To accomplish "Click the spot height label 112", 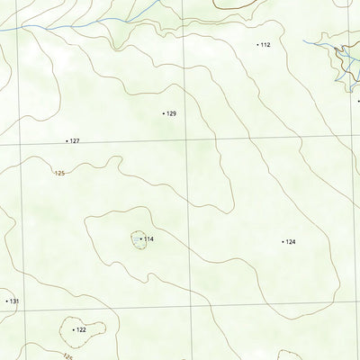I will [x=265, y=44].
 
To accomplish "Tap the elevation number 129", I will [x=171, y=114].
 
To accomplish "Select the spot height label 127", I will [x=75, y=141].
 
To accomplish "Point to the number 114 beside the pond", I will [x=149, y=238].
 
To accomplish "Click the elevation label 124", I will [x=291, y=241].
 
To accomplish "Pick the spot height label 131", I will [x=14, y=301].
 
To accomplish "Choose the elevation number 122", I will [x=81, y=330].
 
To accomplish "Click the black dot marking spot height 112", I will [x=257, y=44].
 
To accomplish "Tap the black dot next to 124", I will [x=283, y=241].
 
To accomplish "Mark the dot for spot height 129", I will [x=163, y=114].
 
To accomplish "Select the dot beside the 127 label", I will [x=67, y=141].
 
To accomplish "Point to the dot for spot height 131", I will [x=6, y=301].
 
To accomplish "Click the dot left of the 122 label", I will [x=73, y=330].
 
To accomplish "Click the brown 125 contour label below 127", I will [x=60, y=173].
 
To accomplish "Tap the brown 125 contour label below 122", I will [x=67, y=356].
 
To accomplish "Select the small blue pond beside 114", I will [x=136, y=239].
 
